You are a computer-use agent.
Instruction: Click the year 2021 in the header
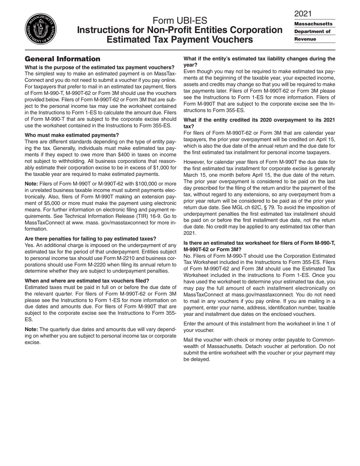pos(303,14)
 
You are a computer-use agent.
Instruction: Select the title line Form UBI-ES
pos(180,21)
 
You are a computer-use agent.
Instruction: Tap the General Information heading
pos(63,59)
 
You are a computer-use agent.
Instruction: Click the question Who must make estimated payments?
pos(72,135)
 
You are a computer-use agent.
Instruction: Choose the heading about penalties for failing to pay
pos(90,239)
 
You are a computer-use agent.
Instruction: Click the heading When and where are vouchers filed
pos(87,281)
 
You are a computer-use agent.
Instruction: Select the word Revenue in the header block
pos(305,39)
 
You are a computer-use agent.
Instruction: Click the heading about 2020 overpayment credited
pos(259,123)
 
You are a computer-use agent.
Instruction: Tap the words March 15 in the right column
pos(196,175)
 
